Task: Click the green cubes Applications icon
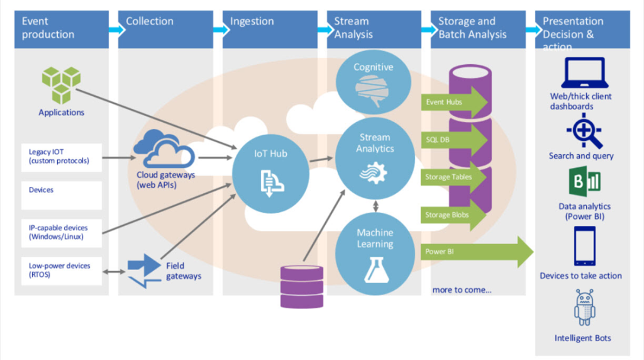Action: coord(61,84)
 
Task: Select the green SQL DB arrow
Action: coord(455,139)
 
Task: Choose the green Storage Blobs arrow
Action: coord(455,215)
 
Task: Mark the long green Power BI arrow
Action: coord(478,252)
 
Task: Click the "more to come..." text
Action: coord(462,290)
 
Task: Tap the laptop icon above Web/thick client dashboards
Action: coord(582,73)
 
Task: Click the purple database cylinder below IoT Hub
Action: coord(301,286)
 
